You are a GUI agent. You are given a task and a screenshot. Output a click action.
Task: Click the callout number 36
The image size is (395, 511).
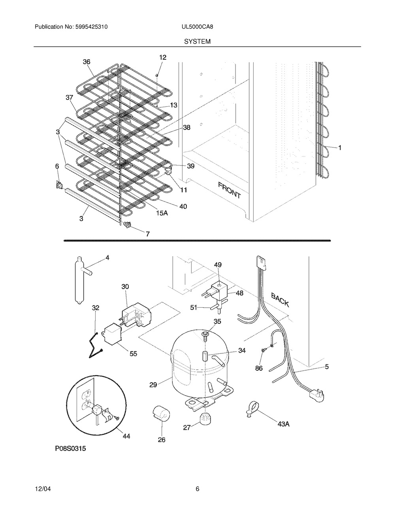pyautogui.click(x=87, y=62)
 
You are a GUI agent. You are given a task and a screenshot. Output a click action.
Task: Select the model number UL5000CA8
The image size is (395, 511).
pyautogui.click(x=197, y=27)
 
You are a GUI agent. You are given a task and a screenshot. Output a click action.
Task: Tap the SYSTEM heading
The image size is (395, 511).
pyautogui.click(x=197, y=41)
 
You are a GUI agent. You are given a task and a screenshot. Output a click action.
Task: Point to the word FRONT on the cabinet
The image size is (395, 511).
pyautogui.click(x=229, y=190)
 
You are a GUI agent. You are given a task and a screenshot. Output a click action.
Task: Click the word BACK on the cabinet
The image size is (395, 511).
pyautogui.click(x=280, y=299)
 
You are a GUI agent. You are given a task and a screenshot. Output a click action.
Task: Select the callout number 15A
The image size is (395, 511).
pyautogui.click(x=162, y=213)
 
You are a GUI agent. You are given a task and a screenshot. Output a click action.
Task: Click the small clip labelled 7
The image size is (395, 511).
pyautogui.click(x=127, y=225)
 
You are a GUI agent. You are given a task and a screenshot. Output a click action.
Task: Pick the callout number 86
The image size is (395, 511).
pyautogui.click(x=259, y=368)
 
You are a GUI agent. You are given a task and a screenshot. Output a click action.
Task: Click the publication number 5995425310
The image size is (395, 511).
pyautogui.click(x=92, y=27)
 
